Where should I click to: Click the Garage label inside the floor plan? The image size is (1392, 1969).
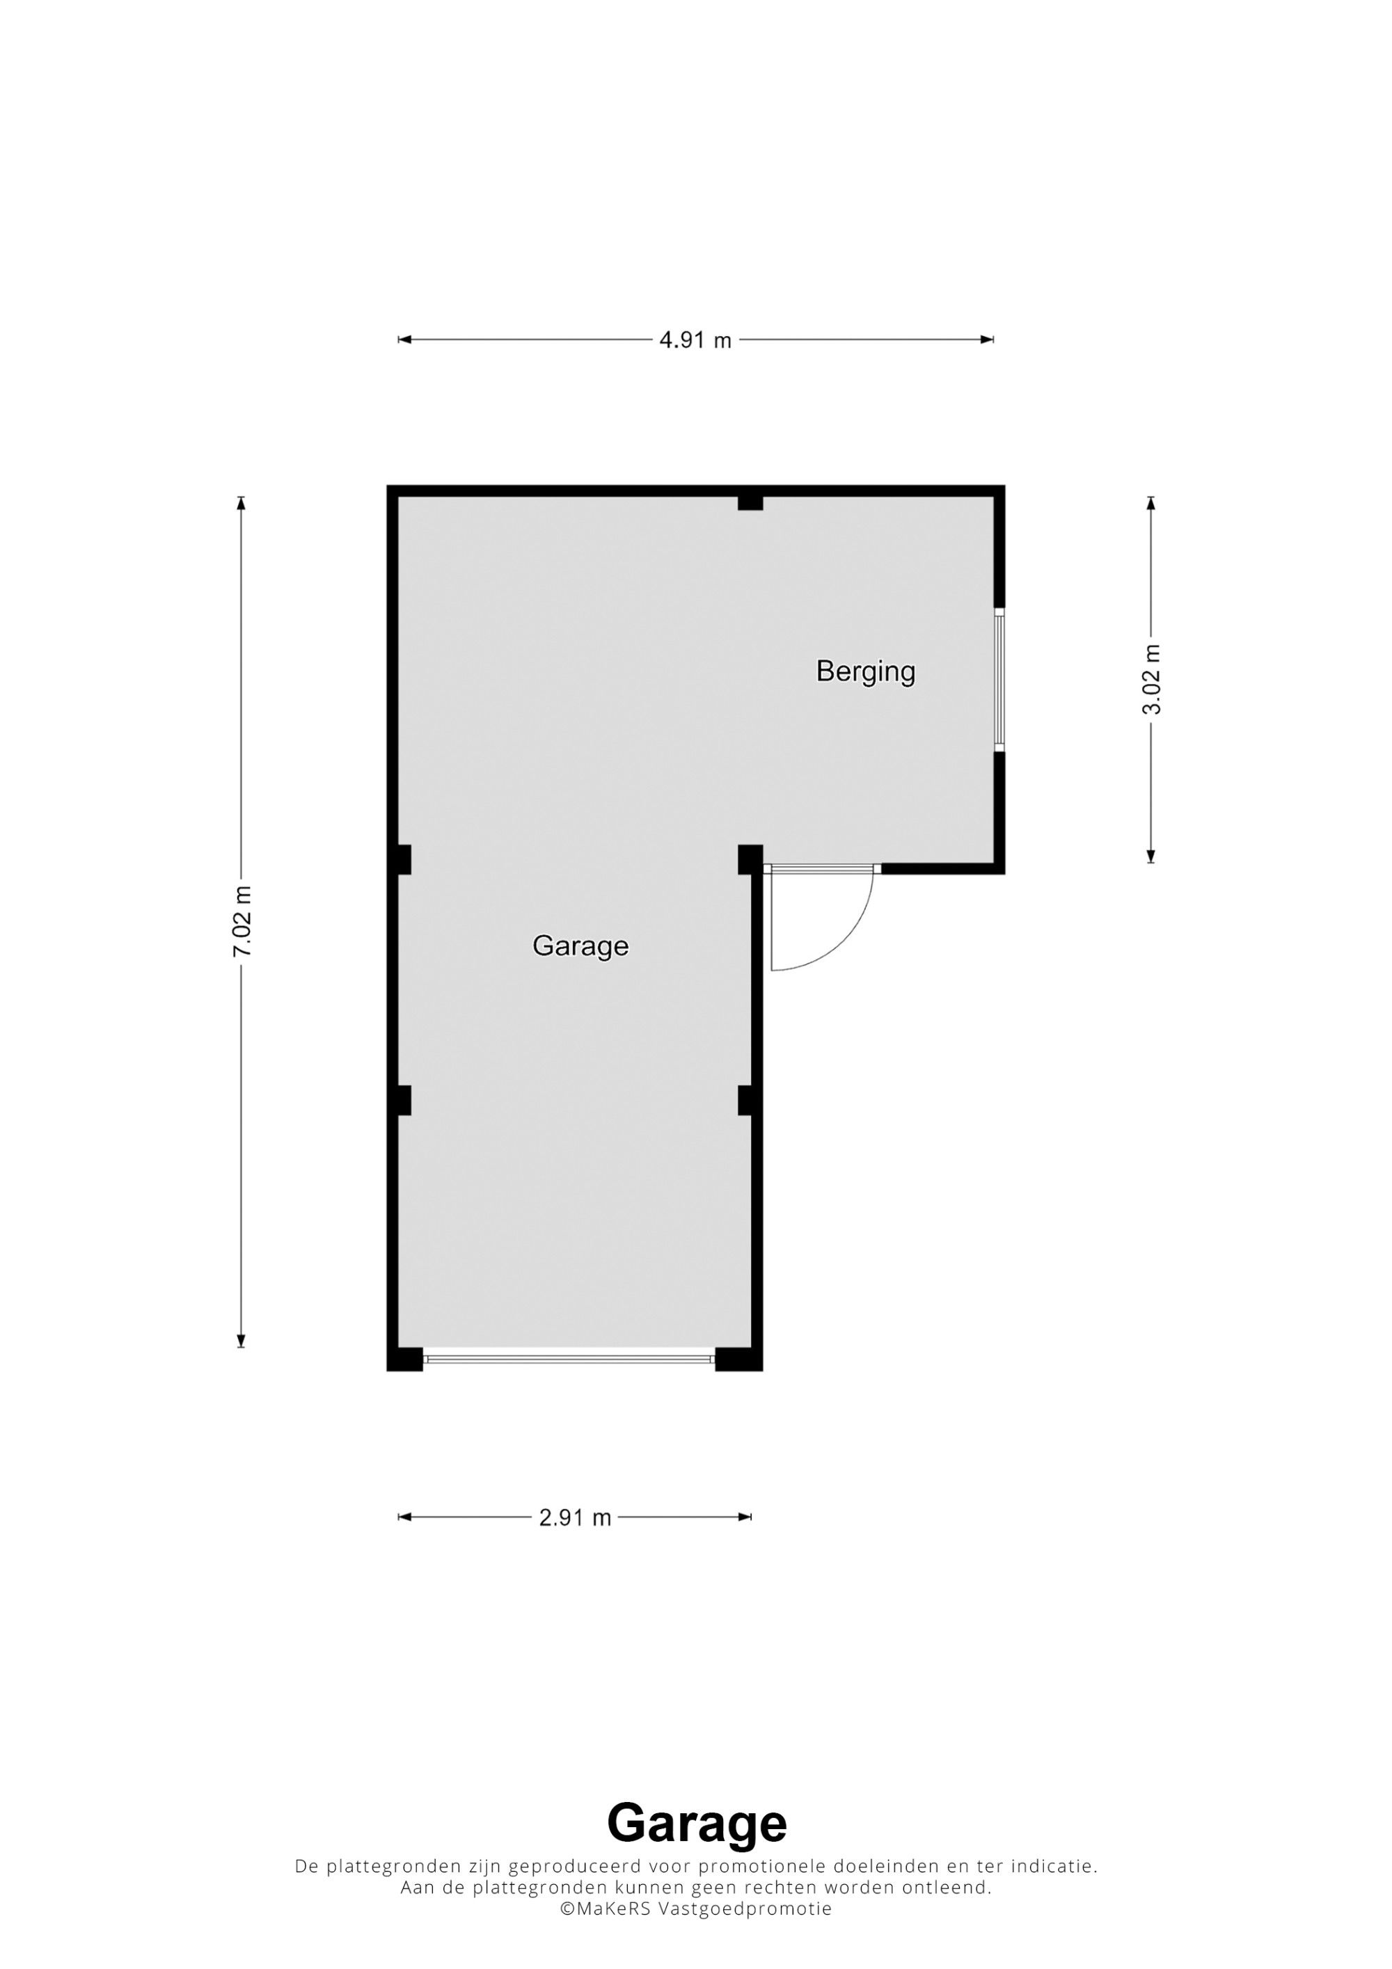(580, 946)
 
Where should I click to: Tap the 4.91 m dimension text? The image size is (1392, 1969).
(695, 340)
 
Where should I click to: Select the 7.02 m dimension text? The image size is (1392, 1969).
(243, 921)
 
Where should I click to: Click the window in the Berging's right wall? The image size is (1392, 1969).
(999, 679)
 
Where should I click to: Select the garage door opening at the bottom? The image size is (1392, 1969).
(569, 1358)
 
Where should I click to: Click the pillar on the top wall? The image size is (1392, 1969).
(750, 502)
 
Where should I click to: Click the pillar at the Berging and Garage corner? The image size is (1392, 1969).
(750, 859)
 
